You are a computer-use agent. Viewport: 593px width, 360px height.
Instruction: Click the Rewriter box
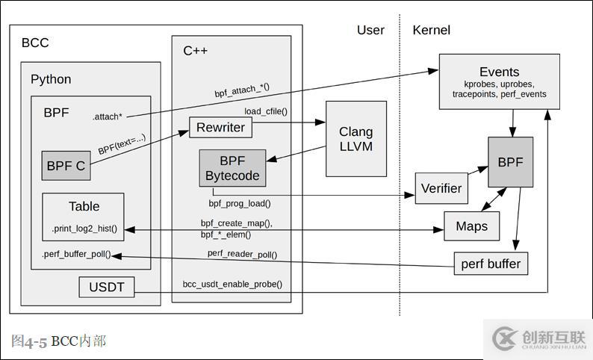point(221,128)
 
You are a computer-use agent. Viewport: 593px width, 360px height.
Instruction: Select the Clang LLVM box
point(356,139)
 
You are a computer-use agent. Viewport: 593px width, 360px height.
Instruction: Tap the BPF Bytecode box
point(232,168)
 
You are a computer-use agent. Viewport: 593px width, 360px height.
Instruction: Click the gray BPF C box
point(66,166)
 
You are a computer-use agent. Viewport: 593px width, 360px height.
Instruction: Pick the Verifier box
point(441,188)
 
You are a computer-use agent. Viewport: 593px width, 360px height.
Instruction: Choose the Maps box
point(471,226)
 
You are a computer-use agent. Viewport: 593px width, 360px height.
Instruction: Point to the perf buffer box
point(491,264)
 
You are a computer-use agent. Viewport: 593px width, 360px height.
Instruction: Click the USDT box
point(107,286)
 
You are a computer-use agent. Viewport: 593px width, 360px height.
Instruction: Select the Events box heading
point(499,72)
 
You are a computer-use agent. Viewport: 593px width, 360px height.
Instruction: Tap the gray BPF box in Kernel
point(510,161)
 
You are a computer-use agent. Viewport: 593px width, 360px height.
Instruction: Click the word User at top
point(370,31)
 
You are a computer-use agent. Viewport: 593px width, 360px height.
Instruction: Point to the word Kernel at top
point(431,31)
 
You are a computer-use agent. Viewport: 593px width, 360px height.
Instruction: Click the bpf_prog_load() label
point(240,202)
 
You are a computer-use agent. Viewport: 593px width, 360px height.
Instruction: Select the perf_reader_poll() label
point(242,254)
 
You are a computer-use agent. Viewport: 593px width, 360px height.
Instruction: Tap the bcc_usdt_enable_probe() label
point(232,285)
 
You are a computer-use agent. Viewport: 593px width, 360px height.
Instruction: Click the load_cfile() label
point(266,111)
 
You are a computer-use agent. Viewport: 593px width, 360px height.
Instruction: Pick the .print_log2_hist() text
point(84,228)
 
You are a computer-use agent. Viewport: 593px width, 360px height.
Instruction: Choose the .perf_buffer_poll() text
point(76,254)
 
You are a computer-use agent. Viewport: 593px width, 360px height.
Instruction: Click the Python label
point(51,79)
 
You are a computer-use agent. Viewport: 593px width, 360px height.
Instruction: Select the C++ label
point(196,51)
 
